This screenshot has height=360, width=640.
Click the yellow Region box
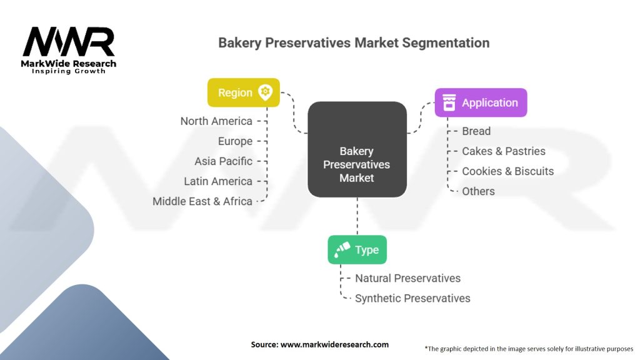pyautogui.click(x=243, y=92)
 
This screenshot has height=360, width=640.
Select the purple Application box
pyautogui.click(x=481, y=103)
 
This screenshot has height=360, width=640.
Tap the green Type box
pyautogui.click(x=357, y=250)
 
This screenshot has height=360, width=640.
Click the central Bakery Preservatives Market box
pyautogui.click(x=357, y=164)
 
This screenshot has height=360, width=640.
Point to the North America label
pyautogui.click(x=216, y=121)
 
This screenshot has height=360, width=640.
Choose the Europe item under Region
pyautogui.click(x=235, y=141)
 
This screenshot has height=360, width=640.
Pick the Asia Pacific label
pyautogui.click(x=223, y=161)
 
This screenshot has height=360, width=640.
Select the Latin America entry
pyautogui.click(x=218, y=181)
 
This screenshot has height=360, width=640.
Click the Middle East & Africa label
pyautogui.click(x=202, y=201)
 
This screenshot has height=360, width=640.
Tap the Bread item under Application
pyautogui.click(x=476, y=131)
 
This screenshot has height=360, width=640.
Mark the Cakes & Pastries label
pyautogui.click(x=503, y=151)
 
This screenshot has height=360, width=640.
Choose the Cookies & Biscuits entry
pyautogui.click(x=507, y=171)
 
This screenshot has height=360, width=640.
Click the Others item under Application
pyautogui.click(x=478, y=191)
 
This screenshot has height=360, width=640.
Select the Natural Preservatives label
pyautogui.click(x=407, y=278)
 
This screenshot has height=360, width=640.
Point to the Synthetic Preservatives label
pyautogui.click(x=412, y=298)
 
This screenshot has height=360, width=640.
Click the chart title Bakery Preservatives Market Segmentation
pyautogui.click(x=354, y=43)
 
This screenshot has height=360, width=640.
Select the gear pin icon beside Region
pyautogui.click(x=265, y=92)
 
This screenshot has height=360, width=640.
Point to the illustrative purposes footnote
pyautogui.click(x=528, y=348)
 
